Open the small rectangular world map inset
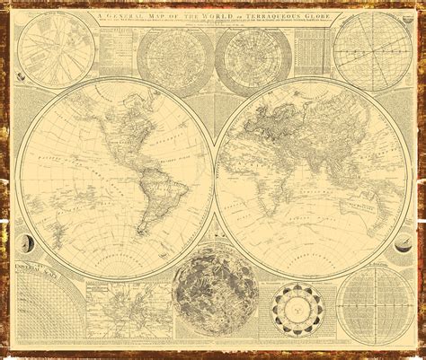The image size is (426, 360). pos(126,319)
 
